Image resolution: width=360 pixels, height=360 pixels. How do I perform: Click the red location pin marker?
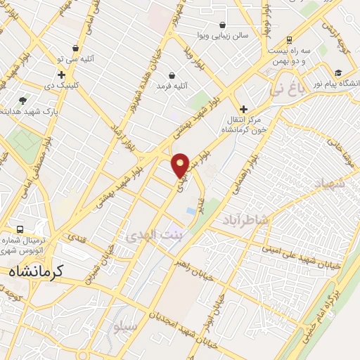click(180, 165)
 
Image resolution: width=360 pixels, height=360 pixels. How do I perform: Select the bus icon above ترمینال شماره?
click(19, 229)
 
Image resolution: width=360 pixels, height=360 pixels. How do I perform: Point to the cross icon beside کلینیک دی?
click(62, 75)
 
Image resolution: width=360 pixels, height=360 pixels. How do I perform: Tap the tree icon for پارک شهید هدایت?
click(22, 101)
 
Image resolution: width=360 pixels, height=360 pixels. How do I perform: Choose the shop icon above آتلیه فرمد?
click(172, 75)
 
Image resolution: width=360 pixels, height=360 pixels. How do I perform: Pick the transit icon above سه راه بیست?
click(290, 40)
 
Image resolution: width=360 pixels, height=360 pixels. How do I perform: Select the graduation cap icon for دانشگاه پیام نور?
click(338, 72)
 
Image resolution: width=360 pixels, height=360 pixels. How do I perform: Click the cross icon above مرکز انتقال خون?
click(243, 109)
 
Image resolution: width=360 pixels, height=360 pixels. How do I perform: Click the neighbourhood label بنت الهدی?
click(148, 238)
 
